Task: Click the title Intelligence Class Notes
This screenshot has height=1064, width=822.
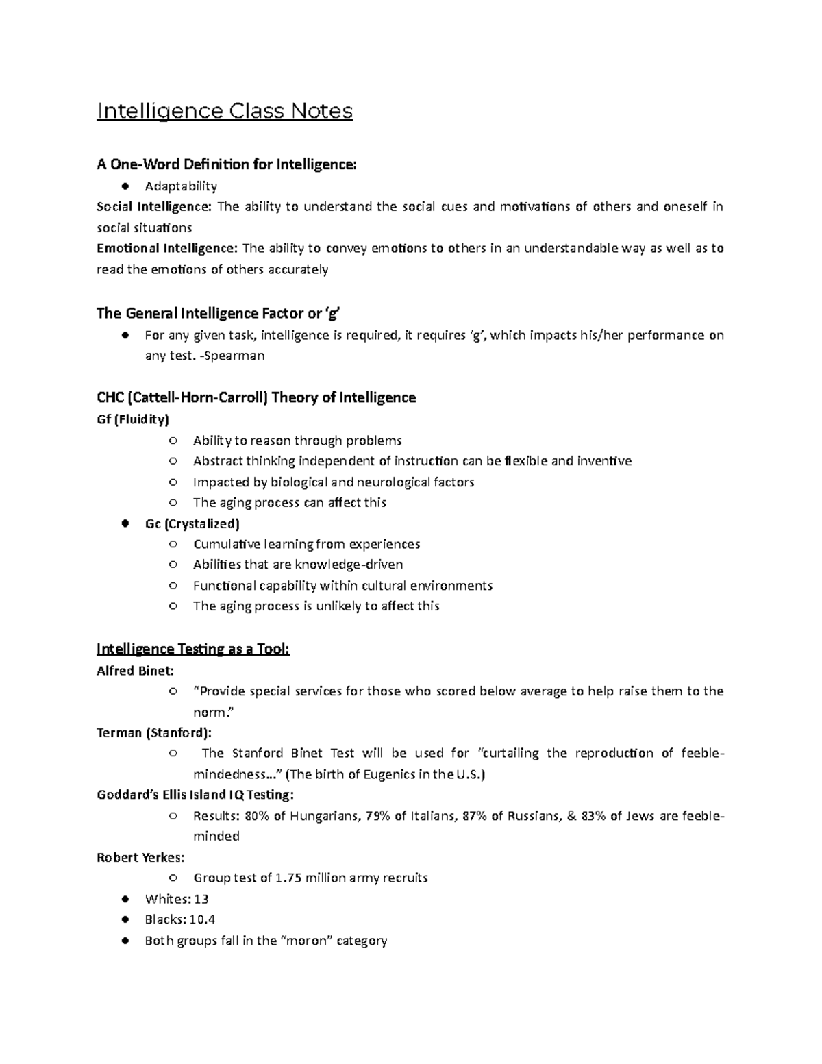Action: (225, 111)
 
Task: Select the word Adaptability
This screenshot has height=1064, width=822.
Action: (181, 186)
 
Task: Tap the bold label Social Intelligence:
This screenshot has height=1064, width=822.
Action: (155, 207)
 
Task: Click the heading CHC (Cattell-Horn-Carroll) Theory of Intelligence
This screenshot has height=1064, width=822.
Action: (256, 398)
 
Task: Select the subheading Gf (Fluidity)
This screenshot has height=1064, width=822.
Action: (133, 419)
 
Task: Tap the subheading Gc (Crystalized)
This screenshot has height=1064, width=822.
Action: (192, 523)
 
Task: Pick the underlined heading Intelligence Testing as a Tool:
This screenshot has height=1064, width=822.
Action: (193, 649)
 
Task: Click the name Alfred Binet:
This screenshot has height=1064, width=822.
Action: (136, 671)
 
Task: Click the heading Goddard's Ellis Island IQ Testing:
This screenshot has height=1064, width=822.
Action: (195, 795)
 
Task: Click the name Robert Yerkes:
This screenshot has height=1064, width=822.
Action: (140, 857)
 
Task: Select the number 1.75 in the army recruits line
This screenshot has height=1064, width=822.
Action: (288, 878)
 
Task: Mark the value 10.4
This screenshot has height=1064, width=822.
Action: (202, 919)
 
